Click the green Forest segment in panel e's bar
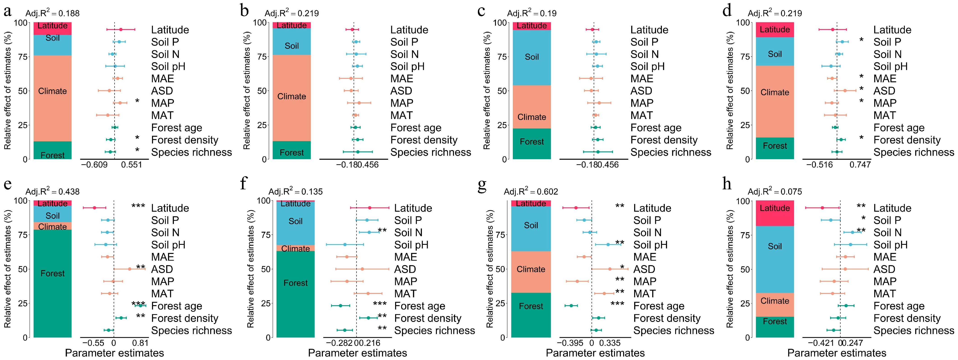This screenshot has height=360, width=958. coord(53,283)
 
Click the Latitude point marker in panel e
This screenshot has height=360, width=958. coord(94,208)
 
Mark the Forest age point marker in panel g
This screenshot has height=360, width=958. coord(571,306)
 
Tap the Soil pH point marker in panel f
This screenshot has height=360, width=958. coord(345,245)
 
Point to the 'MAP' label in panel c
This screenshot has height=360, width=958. coord(642,103)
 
